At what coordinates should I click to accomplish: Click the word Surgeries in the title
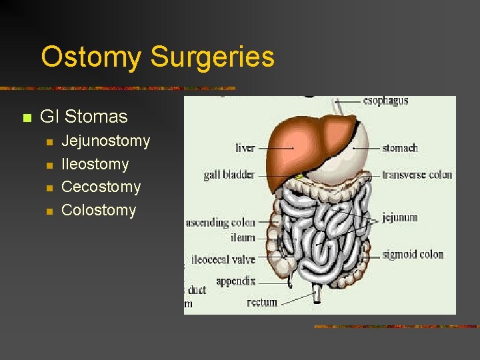[212, 57]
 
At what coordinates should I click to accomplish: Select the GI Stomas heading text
[83, 117]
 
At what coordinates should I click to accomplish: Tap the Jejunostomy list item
[105, 141]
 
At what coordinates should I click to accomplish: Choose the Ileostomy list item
[95, 164]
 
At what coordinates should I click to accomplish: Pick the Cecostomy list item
[101, 187]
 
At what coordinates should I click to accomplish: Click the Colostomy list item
[98, 210]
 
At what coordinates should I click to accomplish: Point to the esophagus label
[385, 101]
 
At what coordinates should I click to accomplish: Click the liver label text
[245, 147]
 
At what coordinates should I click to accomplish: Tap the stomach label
[400, 147]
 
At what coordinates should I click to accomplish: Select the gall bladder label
[229, 175]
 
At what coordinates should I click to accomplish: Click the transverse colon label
[417, 175]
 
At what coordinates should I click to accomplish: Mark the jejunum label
[400, 217]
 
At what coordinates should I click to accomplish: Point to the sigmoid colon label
[413, 254]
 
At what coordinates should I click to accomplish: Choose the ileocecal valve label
[223, 259]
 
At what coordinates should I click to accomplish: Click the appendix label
[235, 281]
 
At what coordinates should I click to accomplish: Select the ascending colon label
[221, 223]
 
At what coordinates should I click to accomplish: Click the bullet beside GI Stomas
[27, 118]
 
